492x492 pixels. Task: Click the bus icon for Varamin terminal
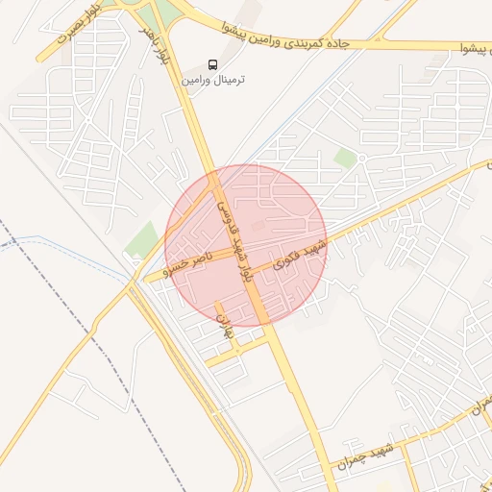(x=212, y=63)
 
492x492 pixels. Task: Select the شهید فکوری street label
(x=300, y=254)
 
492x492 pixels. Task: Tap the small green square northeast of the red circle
(x=344, y=157)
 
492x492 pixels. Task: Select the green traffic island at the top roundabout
(x=164, y=12)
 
